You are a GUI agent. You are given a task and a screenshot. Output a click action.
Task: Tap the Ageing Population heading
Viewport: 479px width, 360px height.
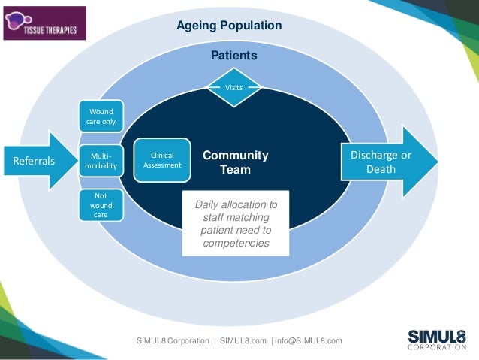[x=229, y=26]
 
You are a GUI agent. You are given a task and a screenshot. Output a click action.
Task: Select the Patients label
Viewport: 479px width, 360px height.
[x=233, y=56]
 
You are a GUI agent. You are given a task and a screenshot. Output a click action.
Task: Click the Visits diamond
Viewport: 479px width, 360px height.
[x=234, y=88]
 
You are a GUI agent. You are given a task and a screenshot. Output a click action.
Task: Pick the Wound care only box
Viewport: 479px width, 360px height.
[x=101, y=117]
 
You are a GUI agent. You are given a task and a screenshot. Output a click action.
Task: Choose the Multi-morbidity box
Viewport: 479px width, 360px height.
[x=101, y=160]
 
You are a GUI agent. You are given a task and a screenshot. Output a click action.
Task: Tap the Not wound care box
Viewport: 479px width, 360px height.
[x=101, y=204]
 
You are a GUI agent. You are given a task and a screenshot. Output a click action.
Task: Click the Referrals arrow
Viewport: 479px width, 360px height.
[x=38, y=160]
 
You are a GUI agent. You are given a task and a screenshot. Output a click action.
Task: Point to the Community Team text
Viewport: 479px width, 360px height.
[x=235, y=162]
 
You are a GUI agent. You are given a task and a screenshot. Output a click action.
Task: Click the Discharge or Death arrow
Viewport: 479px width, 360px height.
[x=387, y=162]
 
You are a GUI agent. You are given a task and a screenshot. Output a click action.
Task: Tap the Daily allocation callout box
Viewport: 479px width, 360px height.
[x=236, y=224]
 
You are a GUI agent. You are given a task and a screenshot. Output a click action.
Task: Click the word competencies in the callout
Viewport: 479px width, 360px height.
[x=236, y=244]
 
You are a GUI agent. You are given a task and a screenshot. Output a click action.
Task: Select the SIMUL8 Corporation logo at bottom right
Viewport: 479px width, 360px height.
[x=437, y=339]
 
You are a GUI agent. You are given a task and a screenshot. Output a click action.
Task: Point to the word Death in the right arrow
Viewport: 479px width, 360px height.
[x=381, y=169]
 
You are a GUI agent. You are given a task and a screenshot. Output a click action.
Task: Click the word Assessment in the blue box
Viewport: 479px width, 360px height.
[x=162, y=165]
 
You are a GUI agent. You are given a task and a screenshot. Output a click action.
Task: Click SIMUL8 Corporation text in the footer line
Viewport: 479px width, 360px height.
[x=173, y=340]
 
